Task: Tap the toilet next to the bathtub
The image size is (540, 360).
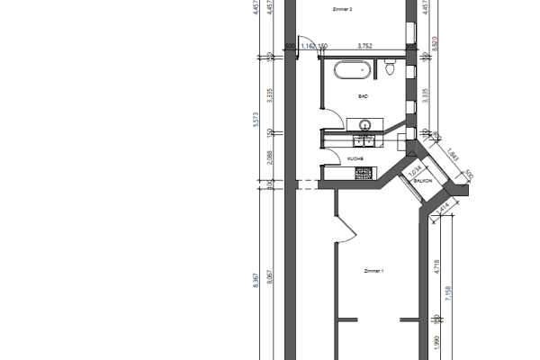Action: coord(389,67)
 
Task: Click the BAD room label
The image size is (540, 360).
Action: coord(363,95)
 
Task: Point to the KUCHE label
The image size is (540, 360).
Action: coord(355,158)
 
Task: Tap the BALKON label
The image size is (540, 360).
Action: coord(424,181)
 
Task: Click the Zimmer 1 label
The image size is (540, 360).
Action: coord(373,270)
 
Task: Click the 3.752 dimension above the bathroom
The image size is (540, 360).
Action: coord(365,44)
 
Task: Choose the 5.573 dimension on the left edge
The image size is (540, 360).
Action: coord(258,122)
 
